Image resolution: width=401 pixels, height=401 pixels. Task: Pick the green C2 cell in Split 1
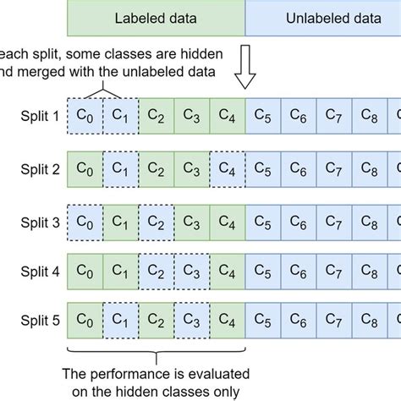pos(156,116)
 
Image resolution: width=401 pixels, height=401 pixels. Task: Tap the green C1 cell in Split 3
pos(120,223)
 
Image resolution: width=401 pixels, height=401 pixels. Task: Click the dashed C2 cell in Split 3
pos(156,223)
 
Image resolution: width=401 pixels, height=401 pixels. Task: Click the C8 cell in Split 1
pos(369,116)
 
